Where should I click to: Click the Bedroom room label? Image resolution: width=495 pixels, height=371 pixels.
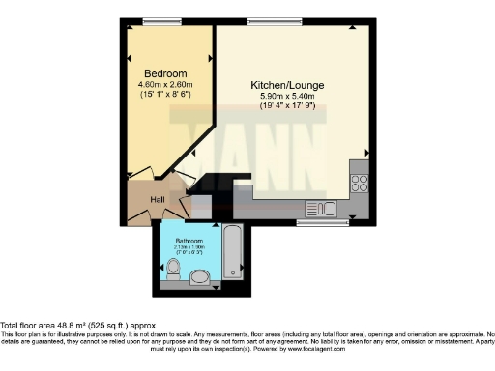[165, 73]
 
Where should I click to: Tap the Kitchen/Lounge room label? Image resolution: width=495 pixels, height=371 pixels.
[287, 85]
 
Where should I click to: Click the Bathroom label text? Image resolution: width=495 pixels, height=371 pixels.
[189, 240]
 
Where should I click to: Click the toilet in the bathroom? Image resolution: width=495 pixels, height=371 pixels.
[172, 278]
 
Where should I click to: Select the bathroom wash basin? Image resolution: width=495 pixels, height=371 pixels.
[200, 280]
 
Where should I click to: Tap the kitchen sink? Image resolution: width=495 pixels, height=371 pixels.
[320, 207]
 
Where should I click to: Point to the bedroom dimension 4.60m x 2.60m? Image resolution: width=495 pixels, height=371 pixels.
[165, 84]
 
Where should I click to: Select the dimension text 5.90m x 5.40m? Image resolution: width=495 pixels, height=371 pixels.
[287, 96]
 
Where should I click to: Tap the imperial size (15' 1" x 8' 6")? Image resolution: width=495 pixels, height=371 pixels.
[165, 94]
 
